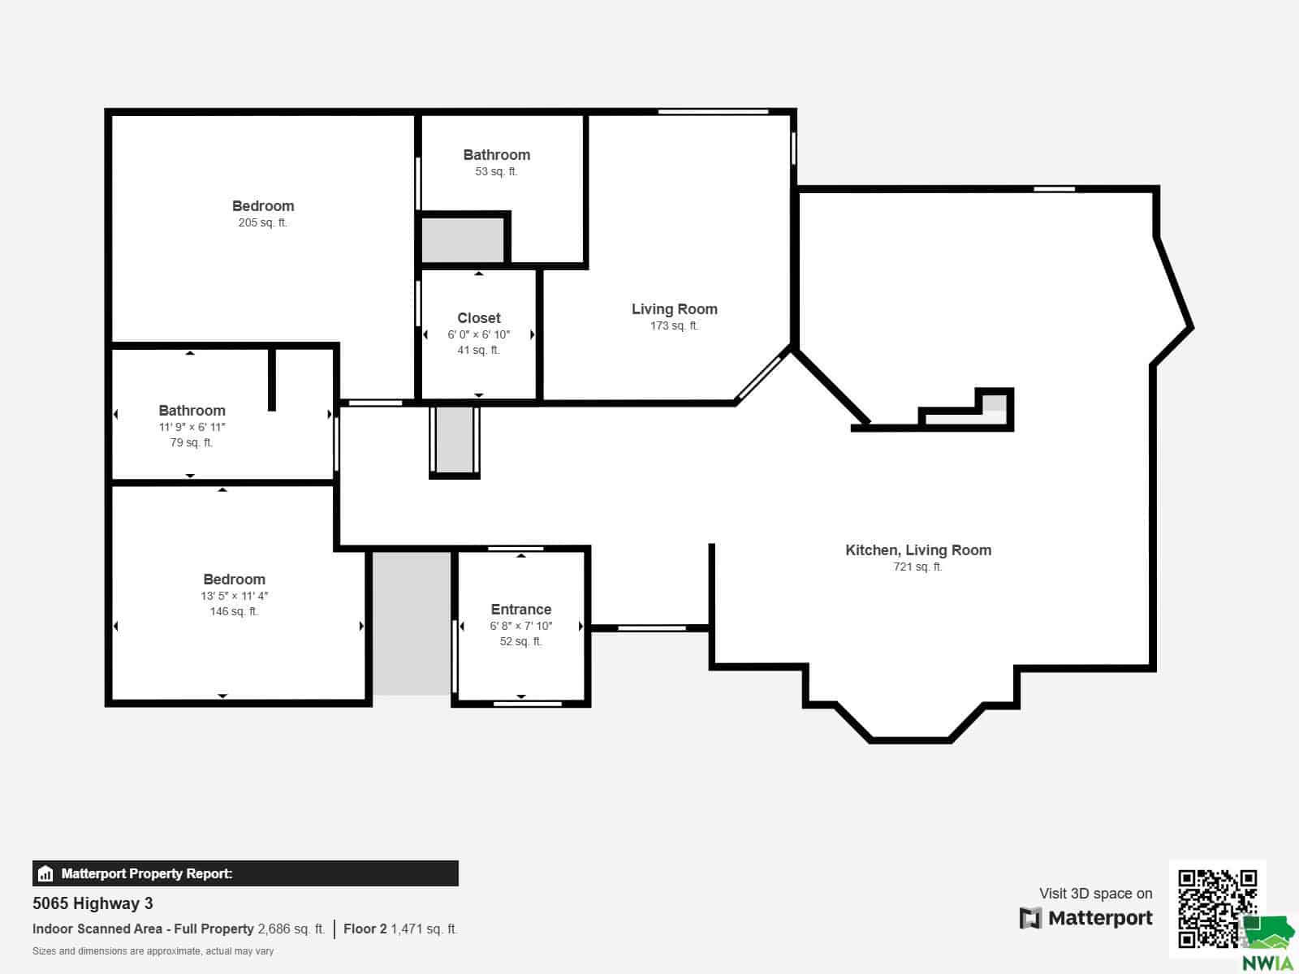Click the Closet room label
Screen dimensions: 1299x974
(x=479, y=318)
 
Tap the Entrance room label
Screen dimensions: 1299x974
(x=520, y=609)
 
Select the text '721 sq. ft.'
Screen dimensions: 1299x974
(x=917, y=567)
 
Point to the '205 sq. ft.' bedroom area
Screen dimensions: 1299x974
(x=263, y=222)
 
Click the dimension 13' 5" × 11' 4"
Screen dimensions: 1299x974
(x=235, y=596)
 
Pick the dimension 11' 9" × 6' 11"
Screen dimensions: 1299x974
(x=192, y=427)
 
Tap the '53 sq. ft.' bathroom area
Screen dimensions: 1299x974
(x=496, y=171)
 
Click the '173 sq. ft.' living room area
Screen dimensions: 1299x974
(x=674, y=325)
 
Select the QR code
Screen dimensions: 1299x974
(x=1217, y=908)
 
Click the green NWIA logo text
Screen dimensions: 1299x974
(x=1267, y=963)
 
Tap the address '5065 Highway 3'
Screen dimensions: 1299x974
(x=93, y=903)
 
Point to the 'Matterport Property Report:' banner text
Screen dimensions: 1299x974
(x=147, y=873)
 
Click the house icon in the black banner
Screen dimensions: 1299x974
(x=45, y=873)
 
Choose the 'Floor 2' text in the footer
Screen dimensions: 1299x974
(x=365, y=929)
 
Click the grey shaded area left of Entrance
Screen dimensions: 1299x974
(x=412, y=623)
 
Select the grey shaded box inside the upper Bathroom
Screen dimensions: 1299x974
(x=462, y=239)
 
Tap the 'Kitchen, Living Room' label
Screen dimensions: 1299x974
(x=918, y=550)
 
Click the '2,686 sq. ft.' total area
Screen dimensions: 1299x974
(x=291, y=929)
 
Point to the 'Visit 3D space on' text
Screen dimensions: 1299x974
(x=1095, y=893)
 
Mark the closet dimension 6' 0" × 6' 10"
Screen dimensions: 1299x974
(x=478, y=334)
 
